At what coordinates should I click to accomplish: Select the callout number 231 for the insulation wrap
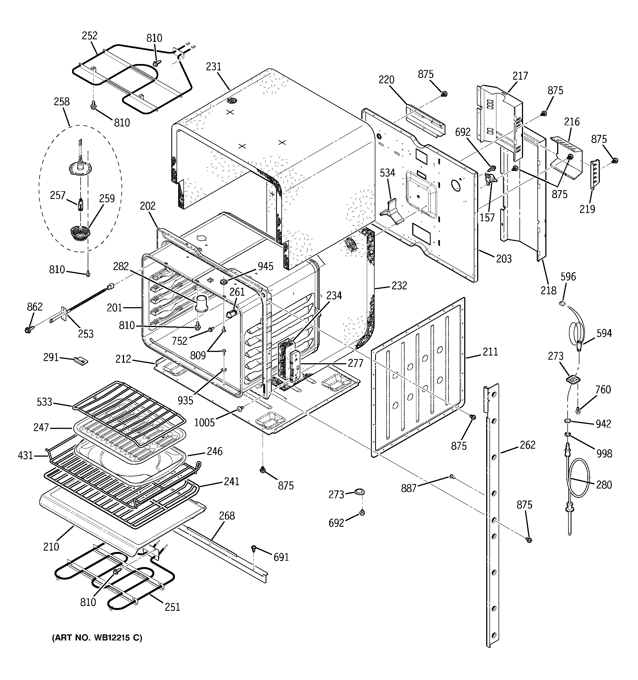214,67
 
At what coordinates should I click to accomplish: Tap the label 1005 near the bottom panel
204,423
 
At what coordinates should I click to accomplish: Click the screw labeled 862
28,330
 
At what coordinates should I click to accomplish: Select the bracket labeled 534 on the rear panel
391,212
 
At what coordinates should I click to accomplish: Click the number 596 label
568,277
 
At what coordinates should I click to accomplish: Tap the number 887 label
409,488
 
